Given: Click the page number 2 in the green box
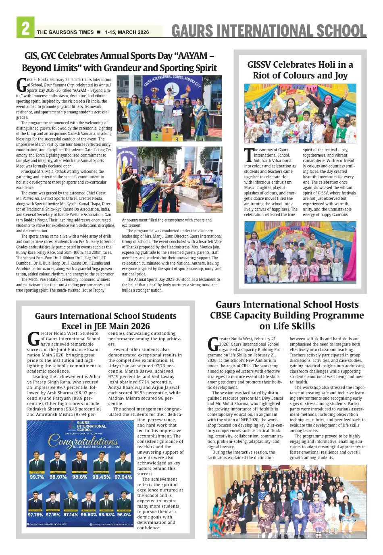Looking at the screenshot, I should pyautogui.click(x=25, y=28).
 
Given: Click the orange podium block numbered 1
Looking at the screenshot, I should pyautogui.click(x=167, y=131).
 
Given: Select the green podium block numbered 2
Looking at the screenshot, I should pyautogui.click(x=156, y=136).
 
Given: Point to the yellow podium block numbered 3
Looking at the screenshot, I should pyautogui.click(x=176, y=139).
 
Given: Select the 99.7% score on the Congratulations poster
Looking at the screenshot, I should pyautogui.click(x=37, y=477).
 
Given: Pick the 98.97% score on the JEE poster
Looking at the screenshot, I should pyautogui.click(x=58, y=477).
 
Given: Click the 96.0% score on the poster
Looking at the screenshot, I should pyautogui.click(x=124, y=515).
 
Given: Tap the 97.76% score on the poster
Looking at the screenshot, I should pyautogui.click(x=35, y=515).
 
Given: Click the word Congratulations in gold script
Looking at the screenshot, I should pyautogui.click(x=83, y=441).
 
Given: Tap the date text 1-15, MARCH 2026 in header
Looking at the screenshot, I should pyautogui.click(x=127, y=32).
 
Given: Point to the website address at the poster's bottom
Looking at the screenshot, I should pyautogui.click(x=112, y=524).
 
